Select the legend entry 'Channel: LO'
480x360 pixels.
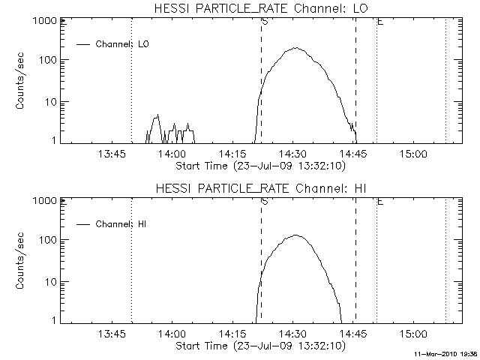tap(124, 44)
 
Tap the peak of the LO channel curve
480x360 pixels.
tap(296, 48)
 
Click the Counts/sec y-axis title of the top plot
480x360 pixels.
tap(22, 81)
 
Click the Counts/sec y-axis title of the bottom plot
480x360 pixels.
tap(22, 261)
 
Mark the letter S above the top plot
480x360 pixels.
tap(265, 21)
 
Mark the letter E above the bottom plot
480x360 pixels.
tap(381, 201)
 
